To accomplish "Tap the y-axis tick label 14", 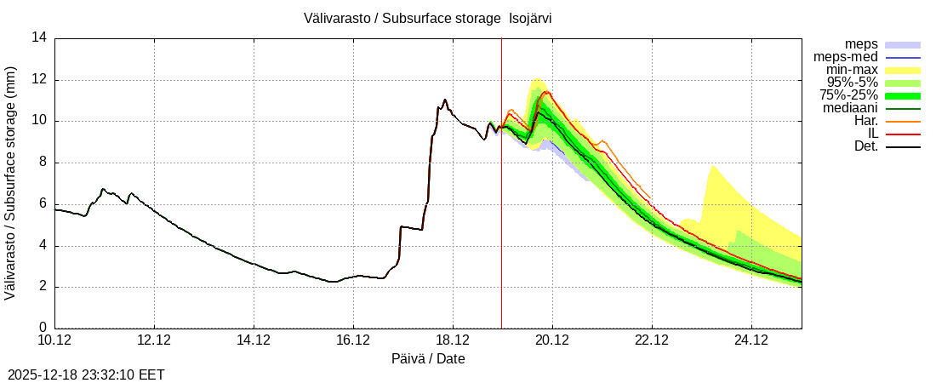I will (x=39, y=37).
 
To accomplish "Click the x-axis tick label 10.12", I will (x=55, y=341).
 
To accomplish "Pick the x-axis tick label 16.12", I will (x=353, y=341).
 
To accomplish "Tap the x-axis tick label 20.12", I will (x=552, y=341).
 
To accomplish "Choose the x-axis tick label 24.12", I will (x=751, y=341).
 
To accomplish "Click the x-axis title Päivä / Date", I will (x=428, y=359).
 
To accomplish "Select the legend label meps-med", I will (x=846, y=57).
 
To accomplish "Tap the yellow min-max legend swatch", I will (x=903, y=70).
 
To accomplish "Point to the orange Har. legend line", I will (x=903, y=121).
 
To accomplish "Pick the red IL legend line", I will (x=903, y=134).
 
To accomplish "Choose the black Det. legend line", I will (x=903, y=146).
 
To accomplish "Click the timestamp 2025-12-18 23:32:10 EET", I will (x=86, y=374).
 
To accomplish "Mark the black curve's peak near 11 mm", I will (x=445, y=100).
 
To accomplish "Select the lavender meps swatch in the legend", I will (x=903, y=44).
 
